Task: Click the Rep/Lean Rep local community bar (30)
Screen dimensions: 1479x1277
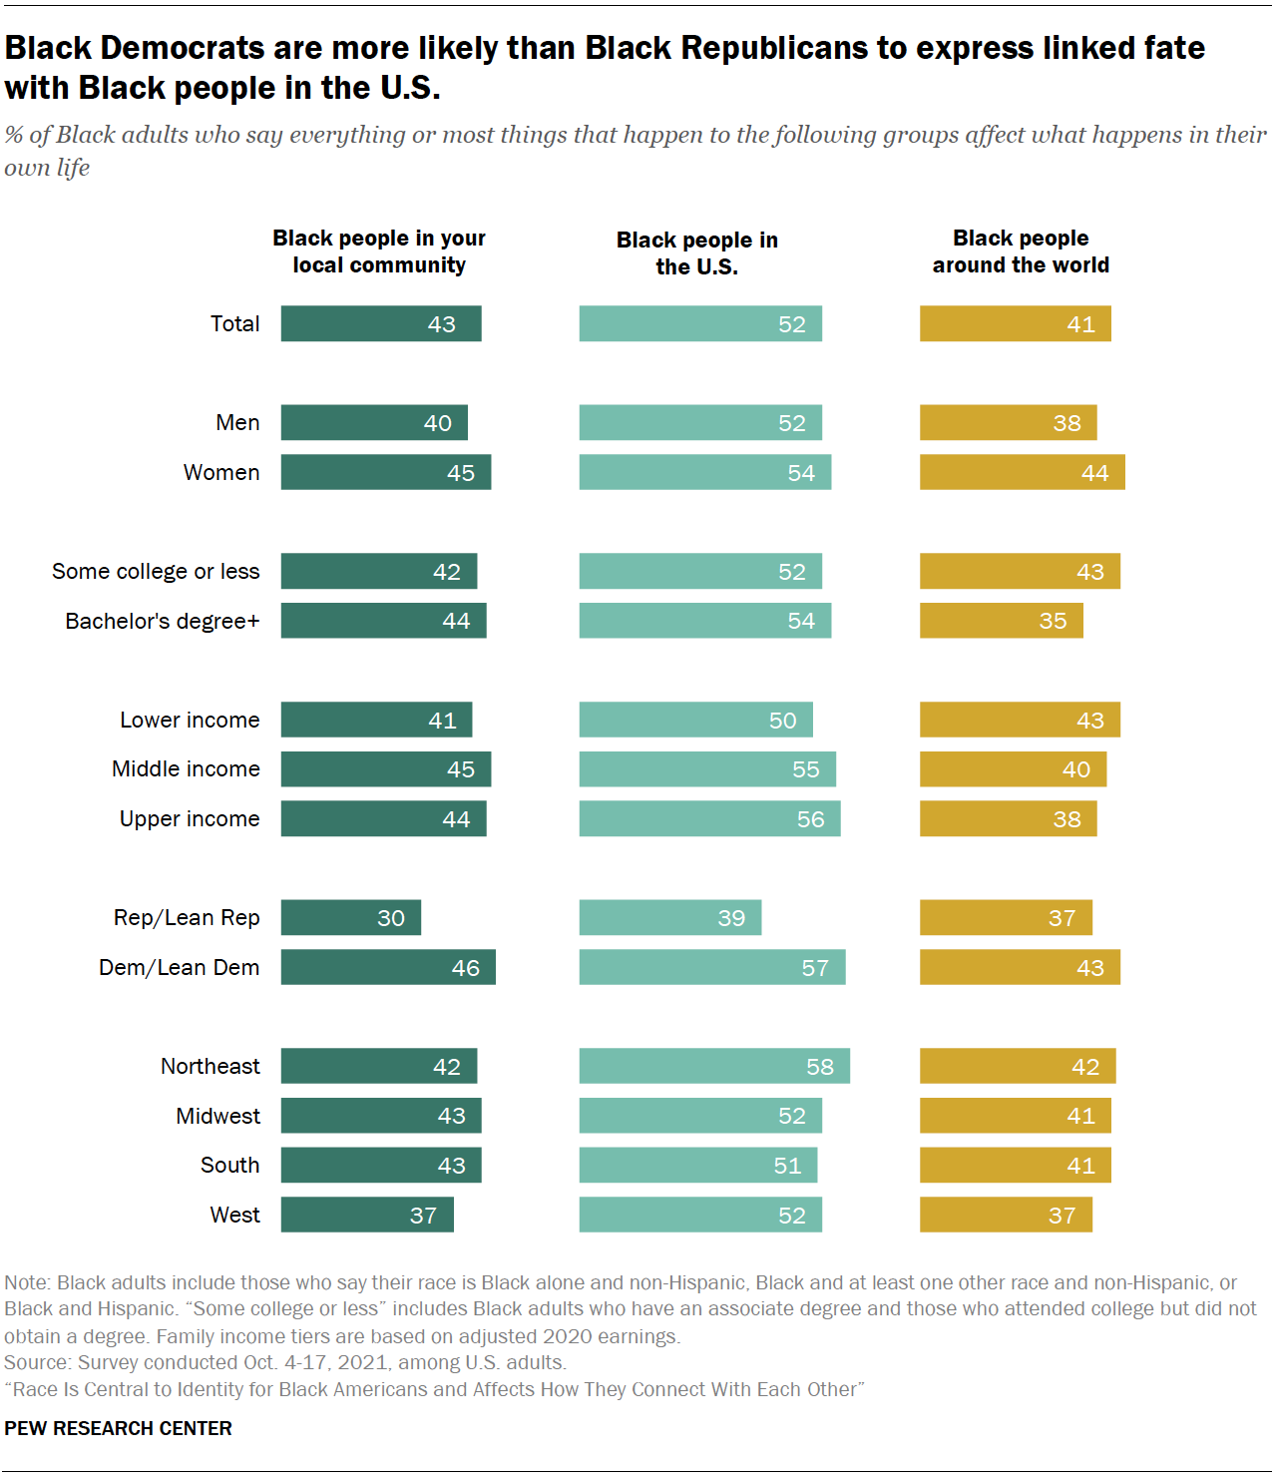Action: (x=350, y=918)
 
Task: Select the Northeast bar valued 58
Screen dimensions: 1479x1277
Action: (x=714, y=1066)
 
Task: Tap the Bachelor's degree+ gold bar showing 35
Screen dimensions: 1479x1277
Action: (x=1001, y=621)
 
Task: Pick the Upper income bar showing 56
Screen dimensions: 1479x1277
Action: (x=709, y=819)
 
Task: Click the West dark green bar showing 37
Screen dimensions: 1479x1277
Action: (x=367, y=1215)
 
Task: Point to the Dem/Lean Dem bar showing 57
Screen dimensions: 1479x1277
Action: (x=712, y=968)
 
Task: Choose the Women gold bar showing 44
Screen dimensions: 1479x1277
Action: (x=1022, y=473)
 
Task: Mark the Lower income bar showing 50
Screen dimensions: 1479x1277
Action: (x=695, y=721)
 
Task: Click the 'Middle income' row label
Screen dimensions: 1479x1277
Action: (x=186, y=769)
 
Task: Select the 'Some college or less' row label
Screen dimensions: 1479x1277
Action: (x=156, y=572)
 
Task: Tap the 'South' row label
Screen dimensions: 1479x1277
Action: (x=229, y=1166)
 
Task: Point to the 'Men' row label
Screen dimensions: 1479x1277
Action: (x=237, y=423)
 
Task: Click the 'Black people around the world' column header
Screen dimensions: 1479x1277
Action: (x=1021, y=251)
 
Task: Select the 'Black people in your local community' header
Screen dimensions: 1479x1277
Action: (x=379, y=251)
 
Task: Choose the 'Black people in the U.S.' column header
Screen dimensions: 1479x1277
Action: (x=696, y=253)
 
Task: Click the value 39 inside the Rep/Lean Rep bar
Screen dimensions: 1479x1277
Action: (x=731, y=918)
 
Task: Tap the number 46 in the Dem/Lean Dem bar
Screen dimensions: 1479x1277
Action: (x=465, y=968)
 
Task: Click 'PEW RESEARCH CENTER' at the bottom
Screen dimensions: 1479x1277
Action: (x=118, y=1428)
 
